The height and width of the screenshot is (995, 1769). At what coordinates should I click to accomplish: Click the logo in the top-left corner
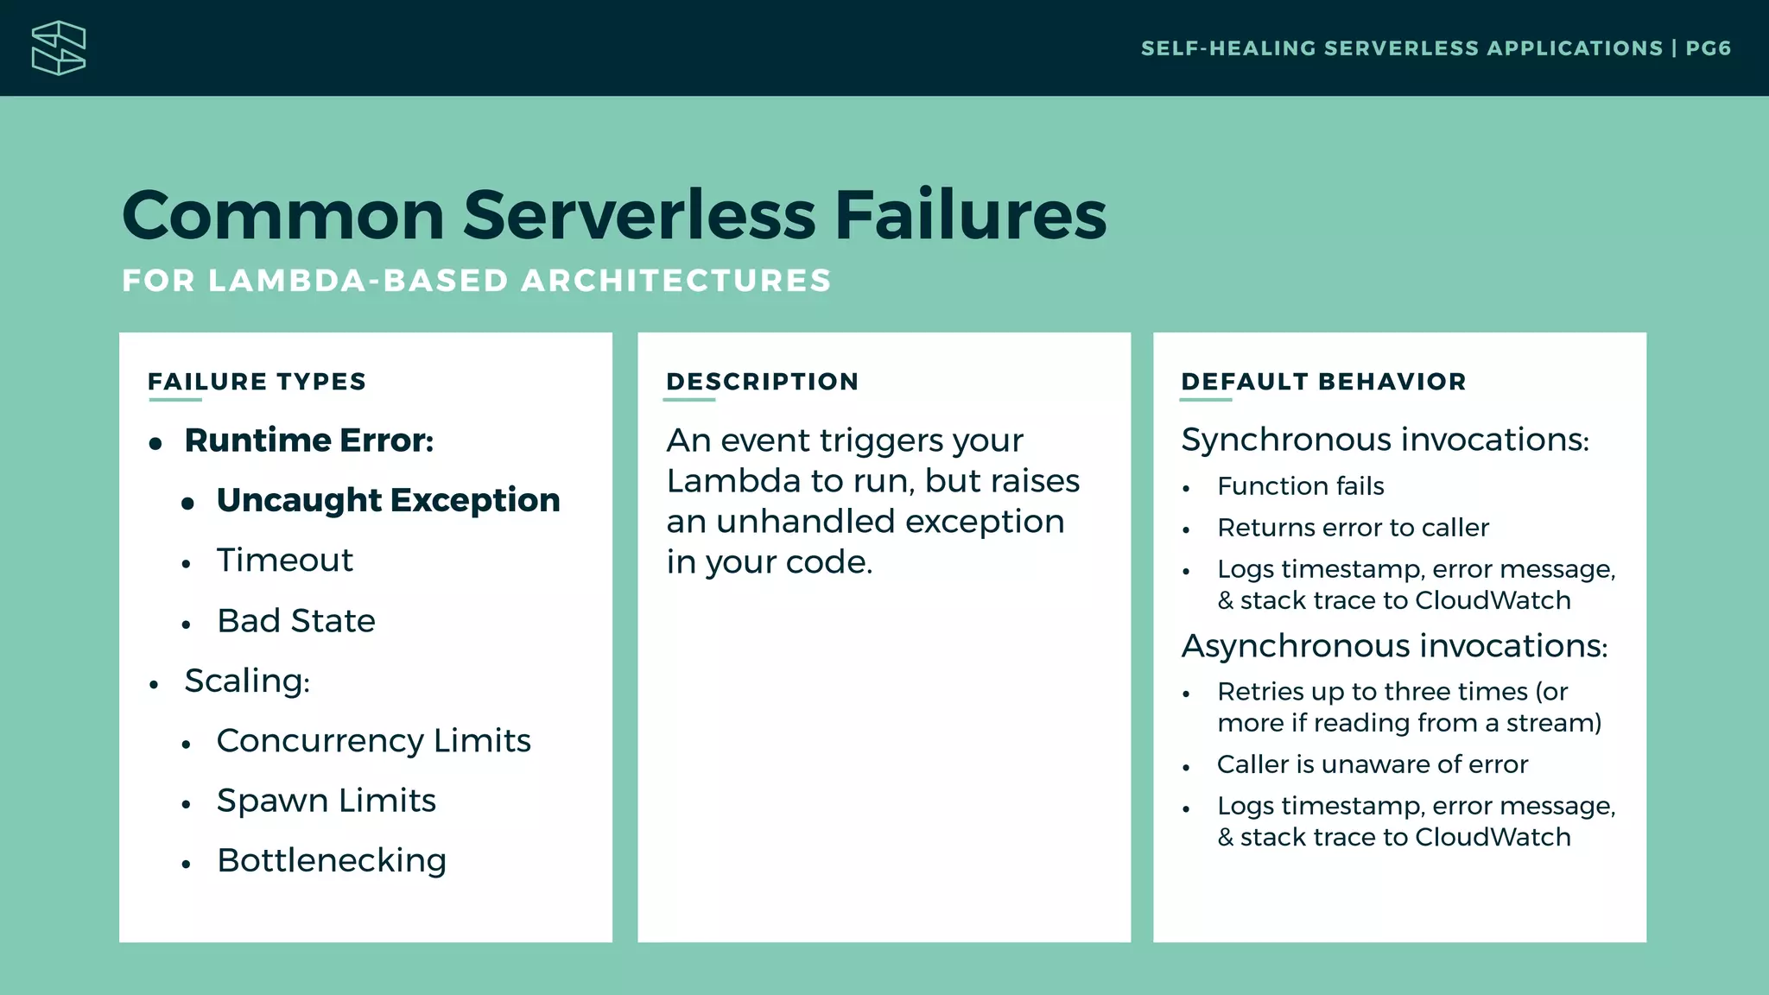pos(58,48)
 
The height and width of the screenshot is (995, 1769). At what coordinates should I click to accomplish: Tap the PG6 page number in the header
pos(1708,48)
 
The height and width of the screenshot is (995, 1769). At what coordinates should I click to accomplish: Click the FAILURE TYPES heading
pos(257,382)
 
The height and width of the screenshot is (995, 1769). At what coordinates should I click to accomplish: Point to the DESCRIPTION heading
pos(762,382)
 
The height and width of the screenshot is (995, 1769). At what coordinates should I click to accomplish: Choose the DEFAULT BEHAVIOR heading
pos(1323,382)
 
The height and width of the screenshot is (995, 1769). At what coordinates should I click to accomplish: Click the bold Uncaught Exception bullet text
pos(388,500)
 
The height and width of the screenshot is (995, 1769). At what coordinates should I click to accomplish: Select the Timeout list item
pos(284,561)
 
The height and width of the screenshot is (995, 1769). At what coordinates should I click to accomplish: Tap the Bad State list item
pos(295,621)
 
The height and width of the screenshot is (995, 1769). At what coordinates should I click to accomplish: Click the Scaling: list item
pos(247,681)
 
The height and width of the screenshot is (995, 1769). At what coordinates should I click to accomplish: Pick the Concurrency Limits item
pos(373,741)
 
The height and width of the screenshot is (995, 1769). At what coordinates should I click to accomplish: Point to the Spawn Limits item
pos(326,801)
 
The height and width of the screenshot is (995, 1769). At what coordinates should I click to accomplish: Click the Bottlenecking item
pos(332,860)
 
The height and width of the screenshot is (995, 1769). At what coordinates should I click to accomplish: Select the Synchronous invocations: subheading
pos(1385,440)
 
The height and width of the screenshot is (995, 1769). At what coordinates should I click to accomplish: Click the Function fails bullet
pos(1300,486)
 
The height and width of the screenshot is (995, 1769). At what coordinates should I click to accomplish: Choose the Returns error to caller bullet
pos(1353,528)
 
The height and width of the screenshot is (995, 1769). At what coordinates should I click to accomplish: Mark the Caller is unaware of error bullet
pos(1372,764)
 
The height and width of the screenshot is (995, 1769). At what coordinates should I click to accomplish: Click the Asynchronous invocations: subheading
pos(1394,646)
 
